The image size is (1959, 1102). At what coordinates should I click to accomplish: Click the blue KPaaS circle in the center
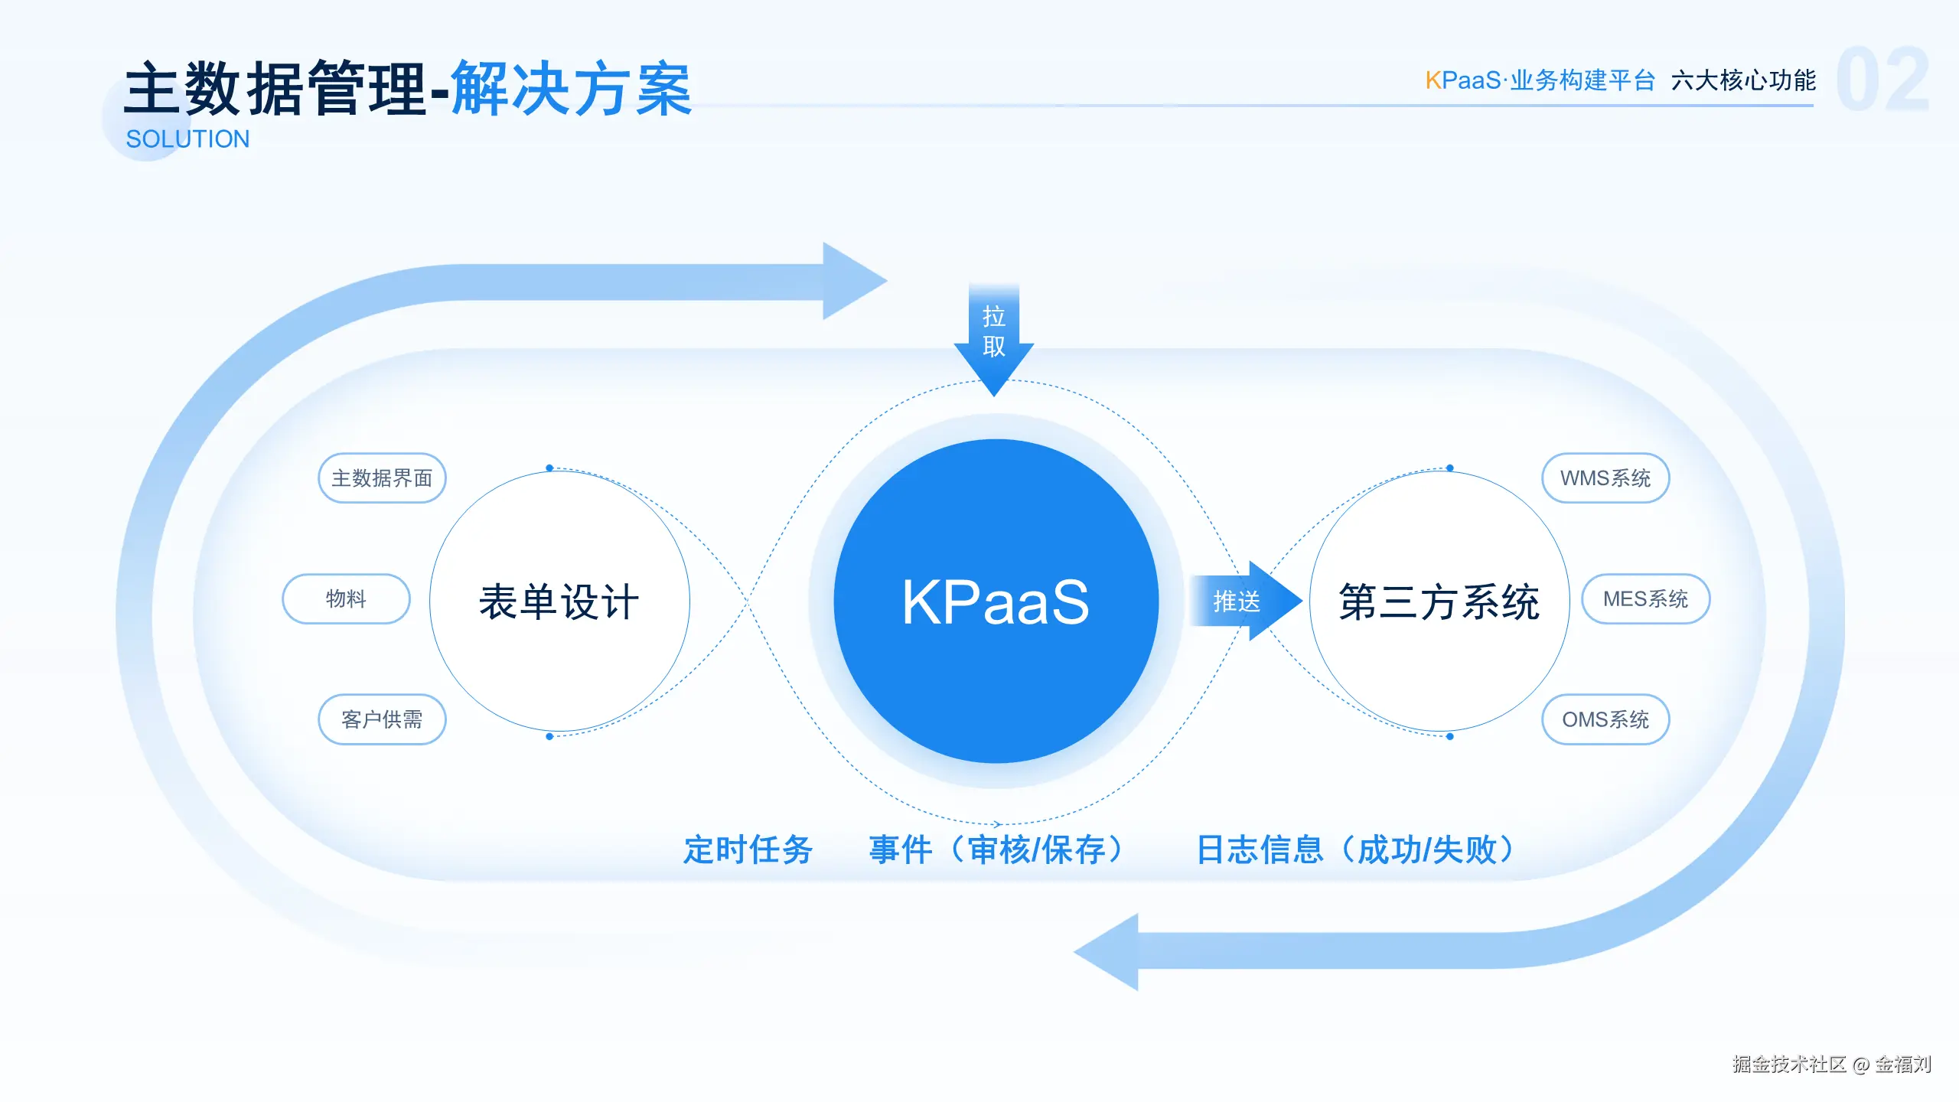[x=996, y=602]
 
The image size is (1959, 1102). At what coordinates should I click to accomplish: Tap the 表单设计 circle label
[x=559, y=602]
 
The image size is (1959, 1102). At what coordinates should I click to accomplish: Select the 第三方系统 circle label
[x=1439, y=602]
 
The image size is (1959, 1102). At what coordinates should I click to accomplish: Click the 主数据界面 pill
[x=382, y=478]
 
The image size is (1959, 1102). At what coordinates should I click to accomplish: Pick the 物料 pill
[x=346, y=598]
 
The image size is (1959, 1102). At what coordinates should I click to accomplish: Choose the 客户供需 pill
[x=382, y=719]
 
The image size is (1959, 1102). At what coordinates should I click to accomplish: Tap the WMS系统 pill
[x=1605, y=478]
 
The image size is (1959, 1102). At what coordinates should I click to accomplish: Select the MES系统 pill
[x=1645, y=598]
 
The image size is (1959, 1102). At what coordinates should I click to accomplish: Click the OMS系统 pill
[x=1605, y=719]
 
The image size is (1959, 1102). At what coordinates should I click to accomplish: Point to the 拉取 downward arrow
[x=994, y=337]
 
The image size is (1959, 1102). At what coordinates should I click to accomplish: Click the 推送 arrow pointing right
[x=1244, y=602]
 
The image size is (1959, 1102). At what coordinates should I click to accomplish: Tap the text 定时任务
[x=748, y=850]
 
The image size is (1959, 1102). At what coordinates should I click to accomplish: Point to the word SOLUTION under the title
[x=187, y=139]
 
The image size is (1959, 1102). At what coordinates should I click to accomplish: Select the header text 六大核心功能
[x=1743, y=80]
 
